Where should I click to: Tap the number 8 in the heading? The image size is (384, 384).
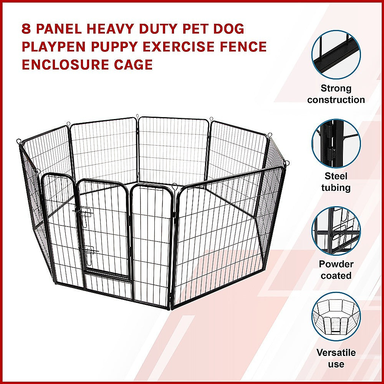point(26,29)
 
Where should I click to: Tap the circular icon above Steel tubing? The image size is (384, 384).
point(336,143)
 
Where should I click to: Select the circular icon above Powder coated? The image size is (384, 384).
point(336,230)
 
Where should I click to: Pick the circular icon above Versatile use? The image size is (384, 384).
point(336,317)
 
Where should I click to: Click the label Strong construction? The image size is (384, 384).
point(336,94)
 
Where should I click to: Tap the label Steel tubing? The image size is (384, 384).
point(336,182)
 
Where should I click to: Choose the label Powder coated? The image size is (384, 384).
point(336,270)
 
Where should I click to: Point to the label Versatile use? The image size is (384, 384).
point(336,358)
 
